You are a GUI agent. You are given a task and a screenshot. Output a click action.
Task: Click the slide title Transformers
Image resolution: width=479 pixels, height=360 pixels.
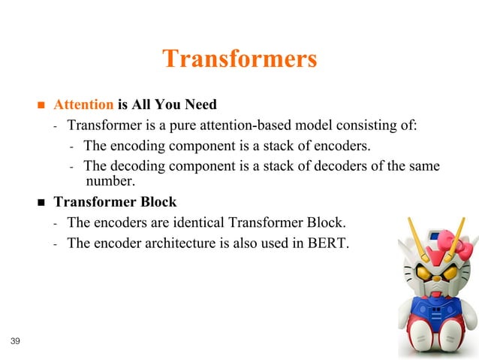[239, 59]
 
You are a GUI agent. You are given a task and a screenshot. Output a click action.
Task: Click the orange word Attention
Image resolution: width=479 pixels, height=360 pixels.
[83, 104]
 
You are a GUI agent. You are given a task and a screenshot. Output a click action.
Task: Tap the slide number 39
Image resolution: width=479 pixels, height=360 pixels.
[16, 342]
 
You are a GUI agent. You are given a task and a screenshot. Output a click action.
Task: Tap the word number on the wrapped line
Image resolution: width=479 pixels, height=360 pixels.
[110, 180]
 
